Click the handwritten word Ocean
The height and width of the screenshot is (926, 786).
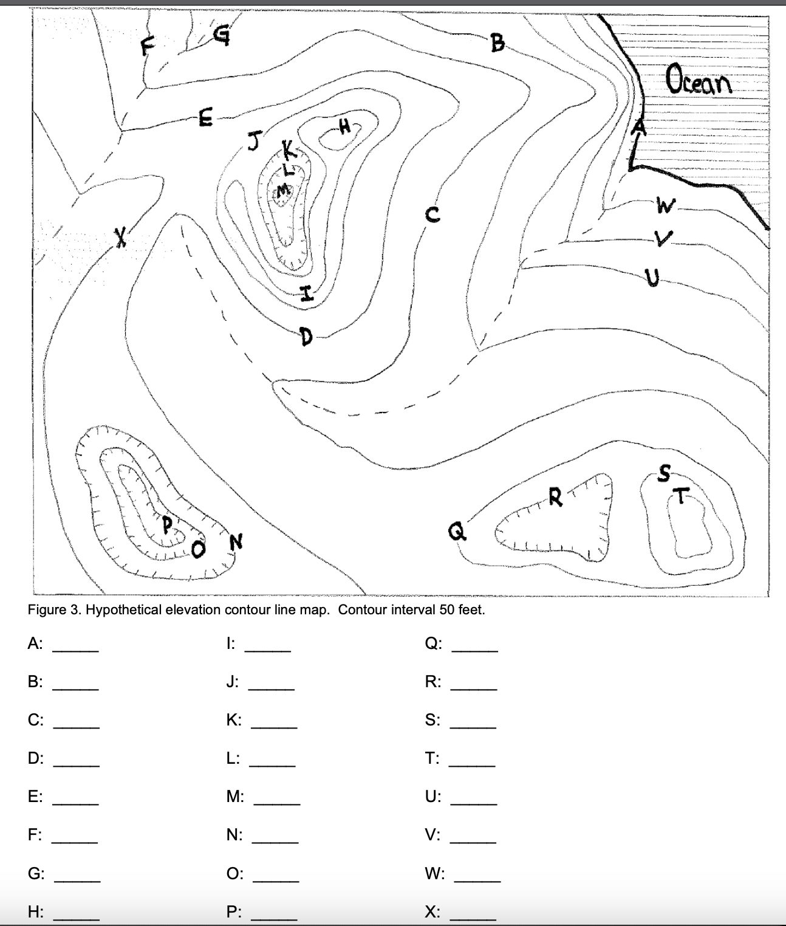point(699,80)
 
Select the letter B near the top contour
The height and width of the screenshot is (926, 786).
point(497,43)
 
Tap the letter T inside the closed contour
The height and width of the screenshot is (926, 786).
point(682,496)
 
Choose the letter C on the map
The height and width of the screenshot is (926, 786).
point(432,214)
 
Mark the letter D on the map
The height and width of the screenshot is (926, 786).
point(306,335)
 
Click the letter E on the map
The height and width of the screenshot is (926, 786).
point(206,118)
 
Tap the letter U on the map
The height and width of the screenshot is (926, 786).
point(652,279)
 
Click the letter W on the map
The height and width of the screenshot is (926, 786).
point(665,207)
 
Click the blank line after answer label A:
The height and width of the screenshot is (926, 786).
point(76,651)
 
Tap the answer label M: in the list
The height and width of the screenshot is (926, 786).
point(235,797)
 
